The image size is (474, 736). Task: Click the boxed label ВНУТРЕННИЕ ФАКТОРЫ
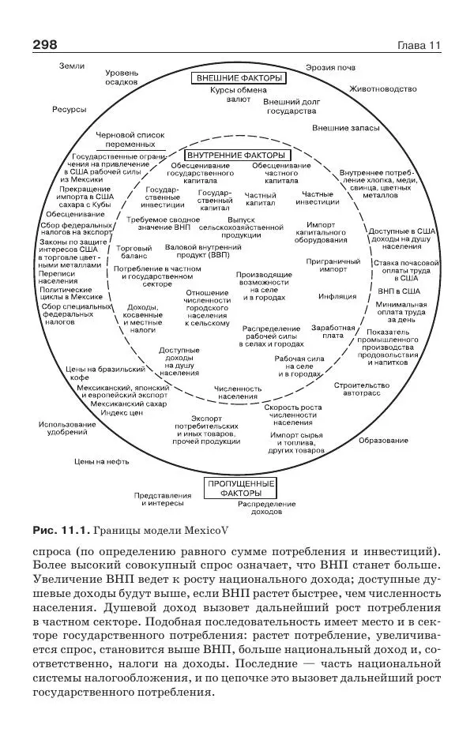point(236,155)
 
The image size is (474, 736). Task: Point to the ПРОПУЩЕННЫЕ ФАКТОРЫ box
point(240,487)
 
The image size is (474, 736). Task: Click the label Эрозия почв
point(331,67)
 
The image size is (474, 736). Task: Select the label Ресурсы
point(69,109)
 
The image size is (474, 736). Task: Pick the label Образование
point(383,439)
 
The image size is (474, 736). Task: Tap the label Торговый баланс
point(134,253)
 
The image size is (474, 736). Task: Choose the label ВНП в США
point(397,291)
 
